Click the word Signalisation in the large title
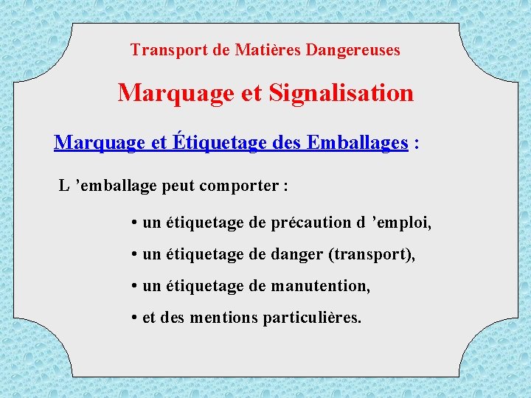tap(341, 93)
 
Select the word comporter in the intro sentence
tap(244, 186)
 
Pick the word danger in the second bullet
tap(299, 254)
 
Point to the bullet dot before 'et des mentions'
tap(135, 318)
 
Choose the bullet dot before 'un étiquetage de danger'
tap(135, 254)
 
